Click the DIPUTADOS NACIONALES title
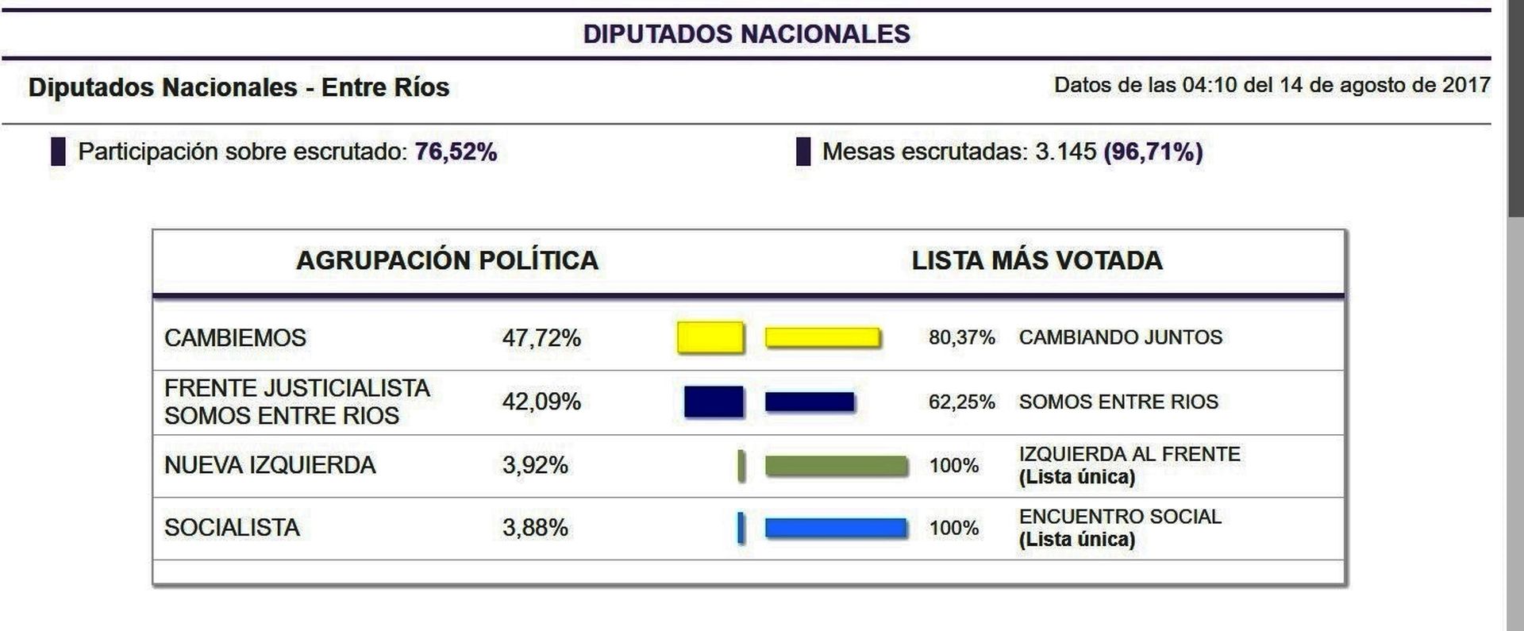746,34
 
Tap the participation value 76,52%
456,152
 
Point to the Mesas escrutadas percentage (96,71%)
1153,152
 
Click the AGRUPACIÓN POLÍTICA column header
447,260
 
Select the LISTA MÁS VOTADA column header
1037,260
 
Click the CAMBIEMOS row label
235,338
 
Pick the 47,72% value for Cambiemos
541,338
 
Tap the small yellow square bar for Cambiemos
710,337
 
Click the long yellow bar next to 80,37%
822,337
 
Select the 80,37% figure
961,338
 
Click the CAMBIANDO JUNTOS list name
1120,337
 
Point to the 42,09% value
541,402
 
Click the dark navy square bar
714,402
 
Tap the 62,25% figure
961,402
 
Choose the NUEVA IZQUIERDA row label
270,465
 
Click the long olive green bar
837,466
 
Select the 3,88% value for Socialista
535,528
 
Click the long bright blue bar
836,529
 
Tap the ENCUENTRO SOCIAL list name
1120,517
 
